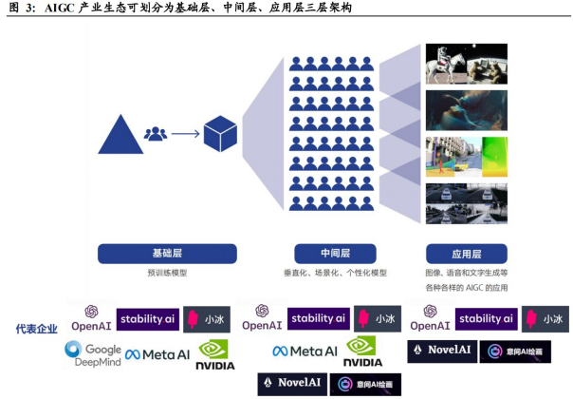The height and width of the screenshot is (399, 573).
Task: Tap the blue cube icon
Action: tap(220, 133)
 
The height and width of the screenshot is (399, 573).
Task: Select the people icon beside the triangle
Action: tap(156, 133)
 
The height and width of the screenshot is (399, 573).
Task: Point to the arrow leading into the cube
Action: tap(186, 133)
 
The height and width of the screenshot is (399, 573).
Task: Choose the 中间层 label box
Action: tap(335, 254)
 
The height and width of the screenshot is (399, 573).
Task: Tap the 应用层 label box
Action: tap(467, 254)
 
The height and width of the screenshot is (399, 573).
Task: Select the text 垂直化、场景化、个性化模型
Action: tap(335, 273)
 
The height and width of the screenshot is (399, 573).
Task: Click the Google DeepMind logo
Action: tap(93, 354)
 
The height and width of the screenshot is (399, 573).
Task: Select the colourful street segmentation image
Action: tap(466, 157)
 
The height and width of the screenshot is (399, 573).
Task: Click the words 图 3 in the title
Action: tap(21, 9)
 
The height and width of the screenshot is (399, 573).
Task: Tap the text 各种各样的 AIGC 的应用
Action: tap(467, 287)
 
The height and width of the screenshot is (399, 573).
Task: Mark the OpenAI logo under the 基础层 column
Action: tap(91, 319)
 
